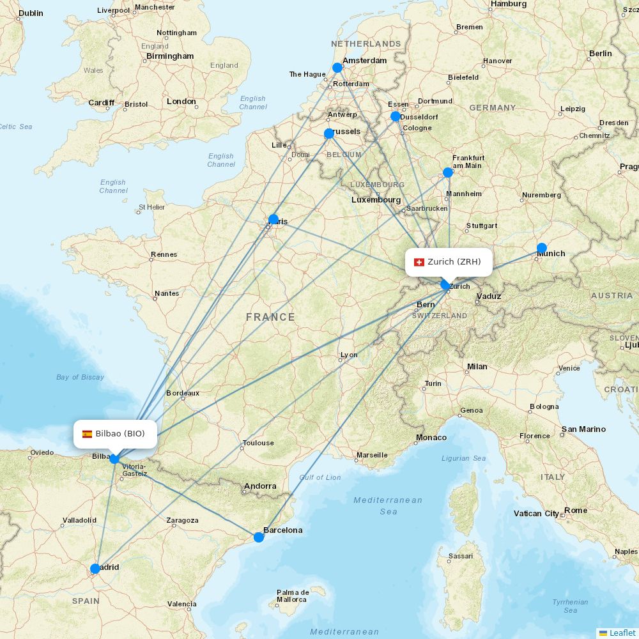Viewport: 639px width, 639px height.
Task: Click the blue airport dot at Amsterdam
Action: pos(337,68)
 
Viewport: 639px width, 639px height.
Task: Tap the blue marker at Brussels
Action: pos(329,134)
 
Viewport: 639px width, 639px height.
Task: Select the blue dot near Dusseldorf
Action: pos(396,116)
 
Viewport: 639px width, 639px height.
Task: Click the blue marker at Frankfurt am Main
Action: pos(448,173)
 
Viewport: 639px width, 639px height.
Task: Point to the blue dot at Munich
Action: pos(542,248)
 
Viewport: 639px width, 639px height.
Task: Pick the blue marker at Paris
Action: pos(273,219)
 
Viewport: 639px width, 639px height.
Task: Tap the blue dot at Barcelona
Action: pos(259,537)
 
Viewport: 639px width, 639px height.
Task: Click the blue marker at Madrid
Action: pos(95,569)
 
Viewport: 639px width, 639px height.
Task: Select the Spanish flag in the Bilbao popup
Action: pos(87,434)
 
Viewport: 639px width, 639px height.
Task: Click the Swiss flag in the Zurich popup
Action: pos(419,262)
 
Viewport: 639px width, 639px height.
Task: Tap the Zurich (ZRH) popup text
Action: pos(454,261)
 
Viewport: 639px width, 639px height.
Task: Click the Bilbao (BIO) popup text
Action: pos(120,434)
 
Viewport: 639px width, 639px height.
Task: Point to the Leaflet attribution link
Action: pos(622,633)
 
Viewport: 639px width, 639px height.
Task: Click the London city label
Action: pos(181,102)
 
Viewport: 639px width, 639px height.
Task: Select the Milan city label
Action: pos(477,367)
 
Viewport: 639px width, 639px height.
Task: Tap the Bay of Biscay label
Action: pos(80,377)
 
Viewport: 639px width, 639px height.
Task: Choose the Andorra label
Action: pos(260,486)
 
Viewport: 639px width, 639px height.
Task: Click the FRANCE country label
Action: pos(270,317)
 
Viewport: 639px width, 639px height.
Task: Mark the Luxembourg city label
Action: pos(376,200)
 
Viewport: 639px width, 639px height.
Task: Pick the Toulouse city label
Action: pos(258,443)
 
